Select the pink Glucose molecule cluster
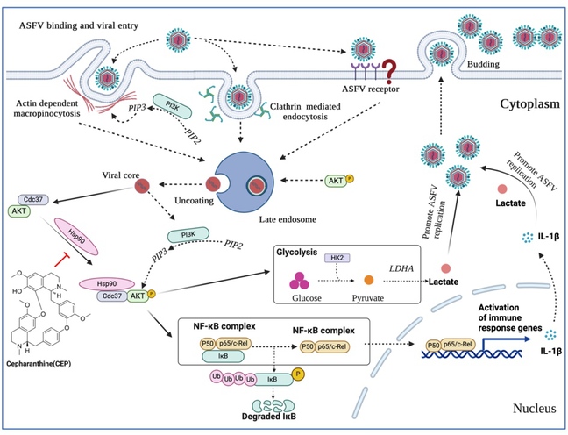click(302, 281)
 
